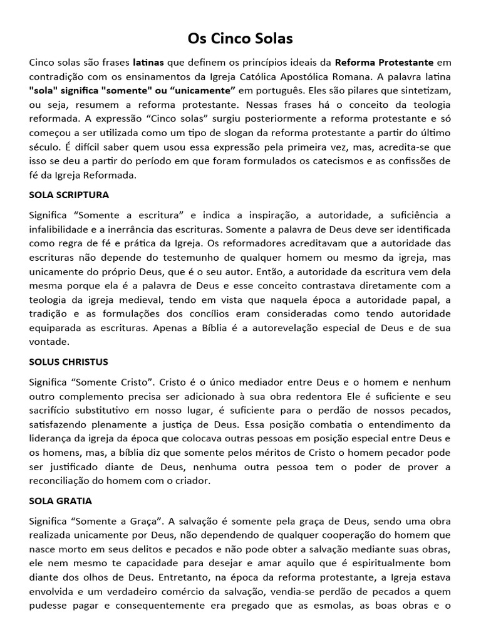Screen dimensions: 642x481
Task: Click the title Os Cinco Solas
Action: tap(240, 39)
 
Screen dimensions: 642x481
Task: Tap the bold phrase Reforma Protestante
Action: tap(384, 63)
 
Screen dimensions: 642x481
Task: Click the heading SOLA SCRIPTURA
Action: tap(69, 194)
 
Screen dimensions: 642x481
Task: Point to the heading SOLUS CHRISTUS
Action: tap(69, 362)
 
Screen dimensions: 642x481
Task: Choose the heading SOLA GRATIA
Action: tap(61, 501)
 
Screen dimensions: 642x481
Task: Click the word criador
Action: tap(191, 481)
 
